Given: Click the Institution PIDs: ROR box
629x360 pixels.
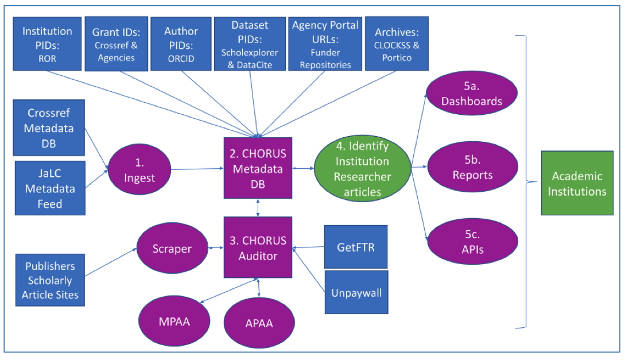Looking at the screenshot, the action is click(47, 44).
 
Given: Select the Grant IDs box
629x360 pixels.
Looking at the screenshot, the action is click(117, 44).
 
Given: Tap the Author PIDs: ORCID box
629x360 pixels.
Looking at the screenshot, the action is click(181, 44).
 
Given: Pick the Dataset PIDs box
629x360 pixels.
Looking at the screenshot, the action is click(250, 44).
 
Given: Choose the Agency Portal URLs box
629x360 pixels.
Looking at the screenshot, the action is click(325, 44).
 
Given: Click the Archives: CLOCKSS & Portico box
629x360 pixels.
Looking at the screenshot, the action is click(397, 43).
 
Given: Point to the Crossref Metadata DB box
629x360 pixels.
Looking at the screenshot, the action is click(49, 127).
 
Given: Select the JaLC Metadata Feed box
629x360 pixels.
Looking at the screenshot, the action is click(50, 188).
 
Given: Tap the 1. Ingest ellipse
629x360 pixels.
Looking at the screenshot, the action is click(139, 169).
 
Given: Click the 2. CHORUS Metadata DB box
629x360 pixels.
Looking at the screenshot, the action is click(258, 168).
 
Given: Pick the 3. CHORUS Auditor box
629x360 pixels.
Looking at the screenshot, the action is click(258, 247).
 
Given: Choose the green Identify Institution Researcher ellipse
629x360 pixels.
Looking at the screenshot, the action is click(363, 168).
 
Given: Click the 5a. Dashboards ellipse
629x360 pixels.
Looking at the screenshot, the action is click(472, 93).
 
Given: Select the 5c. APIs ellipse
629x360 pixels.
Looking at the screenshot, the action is click(472, 241).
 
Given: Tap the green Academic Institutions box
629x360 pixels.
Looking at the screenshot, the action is click(577, 183).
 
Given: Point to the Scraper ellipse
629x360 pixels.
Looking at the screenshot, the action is click(172, 248).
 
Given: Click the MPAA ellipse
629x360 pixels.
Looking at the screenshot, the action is click(174, 321).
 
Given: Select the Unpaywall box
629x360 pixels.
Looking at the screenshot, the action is click(356, 292).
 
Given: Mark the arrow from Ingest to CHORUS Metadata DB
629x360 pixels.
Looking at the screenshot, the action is click(197, 169).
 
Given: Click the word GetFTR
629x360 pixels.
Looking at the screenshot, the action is click(356, 247).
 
